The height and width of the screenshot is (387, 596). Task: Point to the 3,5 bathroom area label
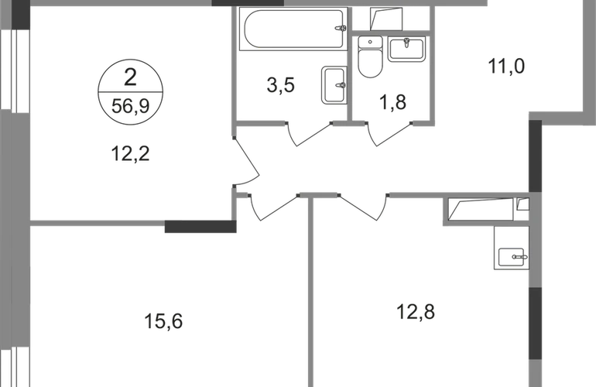pyautogui.click(x=281, y=86)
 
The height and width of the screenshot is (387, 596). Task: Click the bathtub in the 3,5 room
pyautogui.click(x=293, y=29)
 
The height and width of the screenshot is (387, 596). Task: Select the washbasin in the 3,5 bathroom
pyautogui.click(x=329, y=84)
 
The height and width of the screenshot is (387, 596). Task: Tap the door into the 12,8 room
pyautogui.click(x=362, y=205)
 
